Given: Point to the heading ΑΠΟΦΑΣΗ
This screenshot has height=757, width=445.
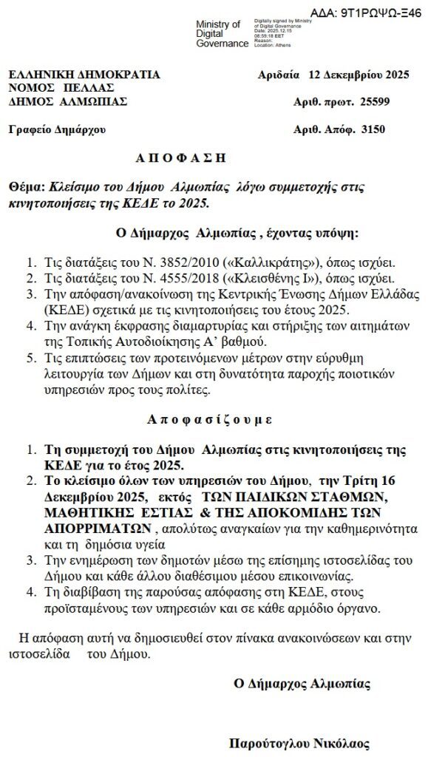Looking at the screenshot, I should tap(180, 158).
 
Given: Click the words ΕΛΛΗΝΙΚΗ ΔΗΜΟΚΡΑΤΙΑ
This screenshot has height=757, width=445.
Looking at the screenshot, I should tap(84, 75).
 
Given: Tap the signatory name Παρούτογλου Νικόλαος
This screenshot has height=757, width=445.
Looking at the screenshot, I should tap(299, 743).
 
